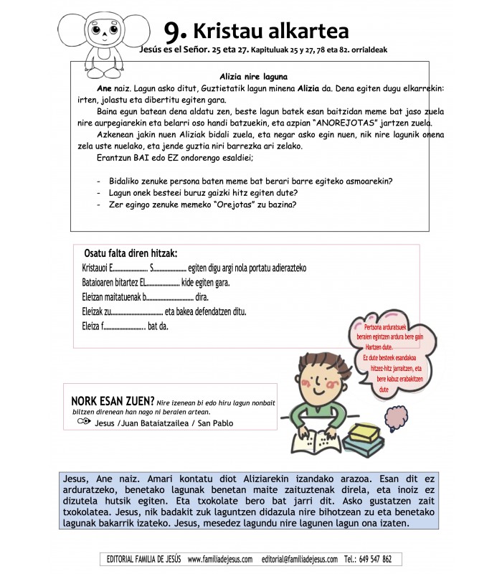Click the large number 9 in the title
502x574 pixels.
[176, 30]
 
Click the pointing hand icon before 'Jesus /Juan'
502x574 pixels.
[83, 423]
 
